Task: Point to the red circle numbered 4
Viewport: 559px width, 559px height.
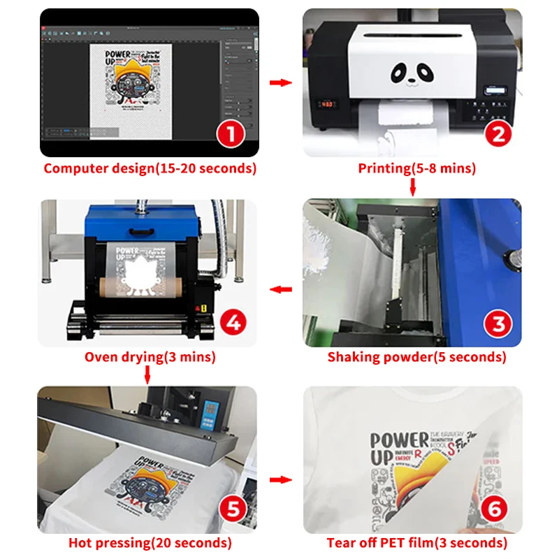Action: pos(231,323)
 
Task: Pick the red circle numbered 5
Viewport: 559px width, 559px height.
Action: pos(231,508)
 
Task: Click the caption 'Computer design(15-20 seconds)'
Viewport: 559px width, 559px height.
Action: pos(150,168)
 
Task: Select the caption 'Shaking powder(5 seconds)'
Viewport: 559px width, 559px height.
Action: pos(416,357)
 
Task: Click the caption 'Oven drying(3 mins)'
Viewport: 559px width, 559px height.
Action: pos(150,357)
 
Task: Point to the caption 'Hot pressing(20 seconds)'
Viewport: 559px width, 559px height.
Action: pos(150,543)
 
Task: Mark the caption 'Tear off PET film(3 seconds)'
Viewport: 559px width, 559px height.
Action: pos(416,543)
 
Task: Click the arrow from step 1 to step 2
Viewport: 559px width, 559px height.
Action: pos(280,82)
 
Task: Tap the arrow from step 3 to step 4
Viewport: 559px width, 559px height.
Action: pos(280,289)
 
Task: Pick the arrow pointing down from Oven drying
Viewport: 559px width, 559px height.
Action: pos(148,376)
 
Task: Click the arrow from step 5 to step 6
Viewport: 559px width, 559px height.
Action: pos(280,480)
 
